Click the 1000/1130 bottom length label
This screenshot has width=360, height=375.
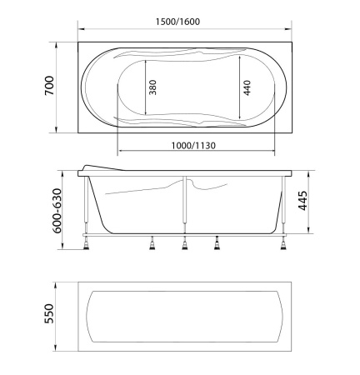pyautogui.click(x=197, y=145)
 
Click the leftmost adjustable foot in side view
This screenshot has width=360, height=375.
pyautogui.click(x=87, y=243)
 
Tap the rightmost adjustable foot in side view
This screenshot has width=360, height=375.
pyautogui.click(x=285, y=242)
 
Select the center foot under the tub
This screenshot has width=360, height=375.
pyautogui.click(x=183, y=243)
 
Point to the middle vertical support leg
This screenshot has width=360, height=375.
pyautogui.click(x=183, y=204)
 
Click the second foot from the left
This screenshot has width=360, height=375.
pyautogui.click(x=152, y=243)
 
